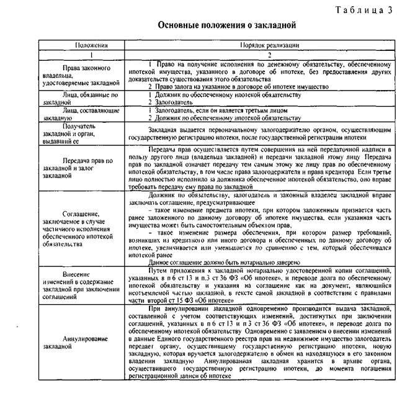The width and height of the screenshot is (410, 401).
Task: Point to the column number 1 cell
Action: (x=91, y=55)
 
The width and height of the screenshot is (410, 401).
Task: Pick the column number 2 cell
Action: (x=270, y=55)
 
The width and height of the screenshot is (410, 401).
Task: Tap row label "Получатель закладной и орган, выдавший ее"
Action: (x=91, y=133)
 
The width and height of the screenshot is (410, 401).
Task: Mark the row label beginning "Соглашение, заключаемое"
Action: (x=91, y=228)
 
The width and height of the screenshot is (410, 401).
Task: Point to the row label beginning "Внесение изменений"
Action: (x=91, y=284)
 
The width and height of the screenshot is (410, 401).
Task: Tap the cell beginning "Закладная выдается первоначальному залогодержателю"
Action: (x=270, y=133)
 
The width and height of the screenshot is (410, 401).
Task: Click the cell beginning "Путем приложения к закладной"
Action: (x=270, y=284)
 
